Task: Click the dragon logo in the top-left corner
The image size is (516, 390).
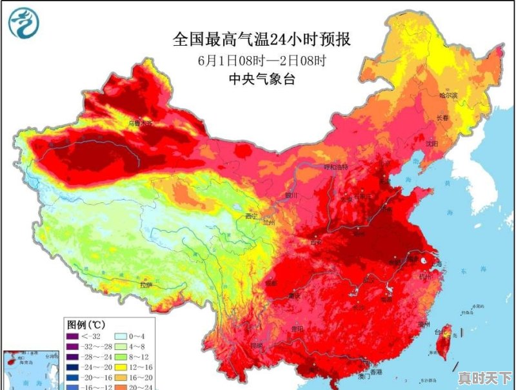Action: (x=24, y=23)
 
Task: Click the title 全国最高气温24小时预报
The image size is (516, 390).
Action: (x=262, y=40)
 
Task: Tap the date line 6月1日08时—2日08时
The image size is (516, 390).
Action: (x=262, y=61)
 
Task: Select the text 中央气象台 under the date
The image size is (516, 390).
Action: (x=262, y=79)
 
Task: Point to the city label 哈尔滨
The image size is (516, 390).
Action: (x=448, y=95)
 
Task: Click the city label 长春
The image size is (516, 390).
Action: (x=442, y=118)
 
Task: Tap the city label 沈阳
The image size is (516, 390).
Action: (x=432, y=143)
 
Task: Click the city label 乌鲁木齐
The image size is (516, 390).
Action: (x=140, y=122)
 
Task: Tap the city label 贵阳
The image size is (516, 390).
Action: (x=297, y=328)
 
